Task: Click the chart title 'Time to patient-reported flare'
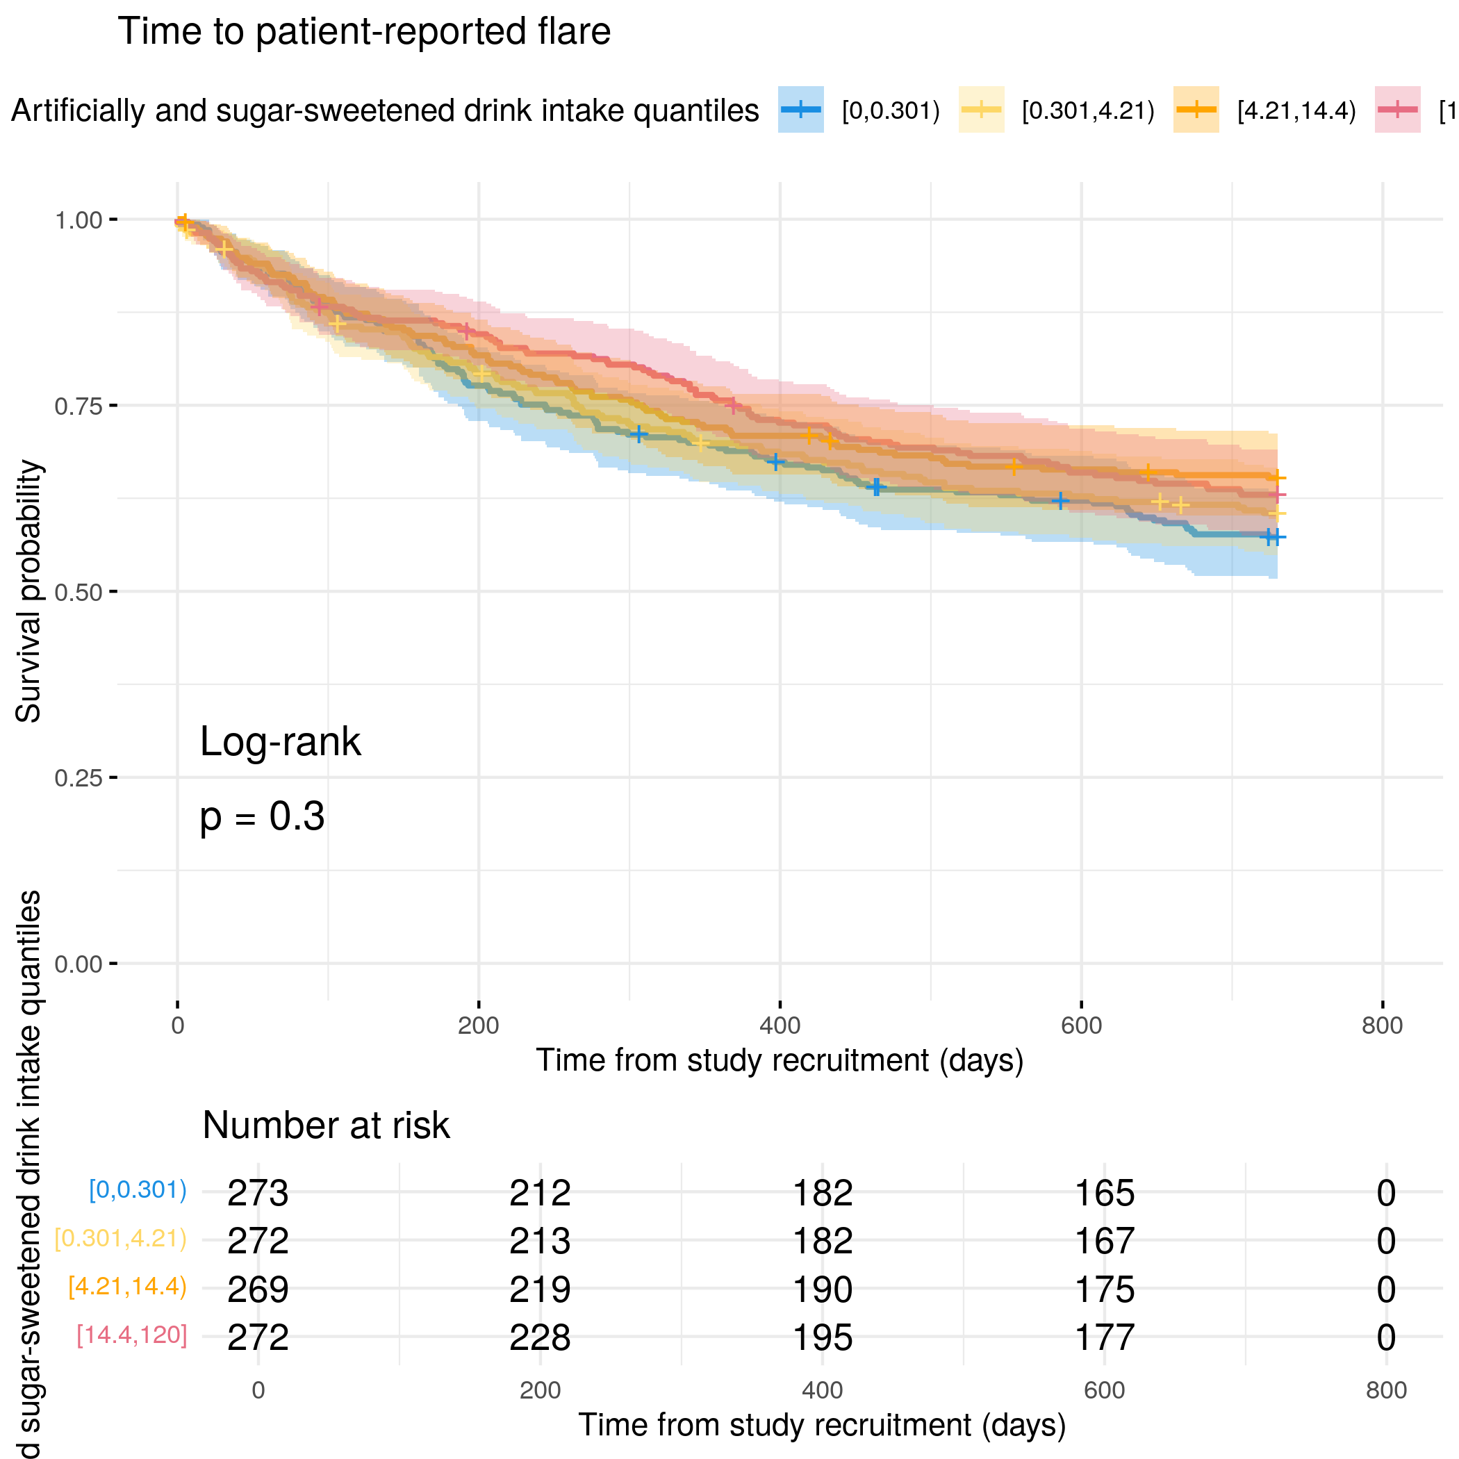[x=364, y=32]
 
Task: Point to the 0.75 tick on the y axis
[x=78, y=406]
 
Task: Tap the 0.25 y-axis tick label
[x=78, y=778]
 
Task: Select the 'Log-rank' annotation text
[x=280, y=741]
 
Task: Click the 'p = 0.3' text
[x=262, y=816]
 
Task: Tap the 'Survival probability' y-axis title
[x=28, y=591]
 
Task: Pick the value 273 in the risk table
[x=258, y=1193]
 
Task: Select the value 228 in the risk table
[x=539, y=1337]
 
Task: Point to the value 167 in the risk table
[x=1104, y=1241]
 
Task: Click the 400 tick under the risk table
[x=822, y=1390]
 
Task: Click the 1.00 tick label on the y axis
[x=78, y=220]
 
